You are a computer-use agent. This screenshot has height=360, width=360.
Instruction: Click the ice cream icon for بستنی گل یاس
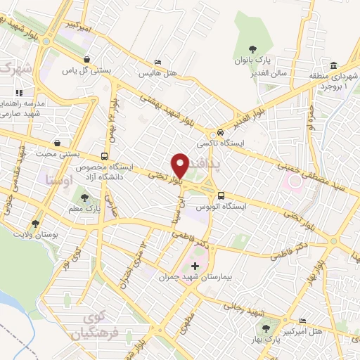pos(86,60)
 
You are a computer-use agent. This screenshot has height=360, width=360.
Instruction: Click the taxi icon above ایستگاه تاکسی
pos(221,133)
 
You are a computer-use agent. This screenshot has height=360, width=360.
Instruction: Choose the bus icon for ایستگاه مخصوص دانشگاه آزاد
pos(105,156)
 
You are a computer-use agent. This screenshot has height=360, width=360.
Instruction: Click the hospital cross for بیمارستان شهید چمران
pos(195,266)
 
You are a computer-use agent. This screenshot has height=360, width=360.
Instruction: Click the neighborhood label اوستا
pos(58,179)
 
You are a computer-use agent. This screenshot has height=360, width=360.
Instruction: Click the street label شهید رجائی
pos(243,308)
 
